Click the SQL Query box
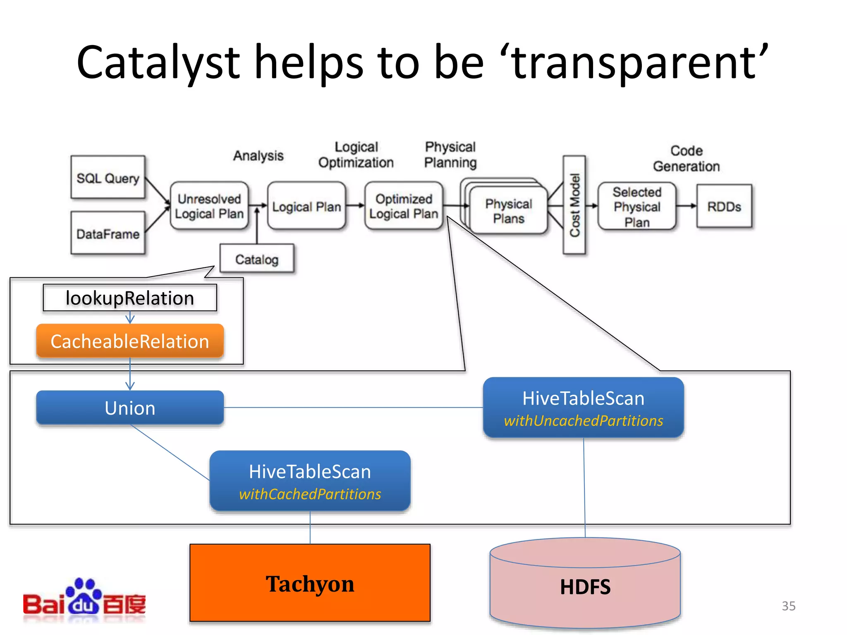108,178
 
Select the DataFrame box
108,233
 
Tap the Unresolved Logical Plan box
209,206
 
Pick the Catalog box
257,259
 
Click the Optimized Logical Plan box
403,206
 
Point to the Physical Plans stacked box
508,211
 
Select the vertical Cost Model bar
574,205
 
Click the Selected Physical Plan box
637,207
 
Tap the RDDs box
724,206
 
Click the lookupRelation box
130,298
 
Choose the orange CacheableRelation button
130,341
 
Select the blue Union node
130,408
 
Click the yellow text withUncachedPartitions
583,421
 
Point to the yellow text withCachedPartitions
310,494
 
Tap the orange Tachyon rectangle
310,583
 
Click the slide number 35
788,606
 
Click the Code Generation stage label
686,158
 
